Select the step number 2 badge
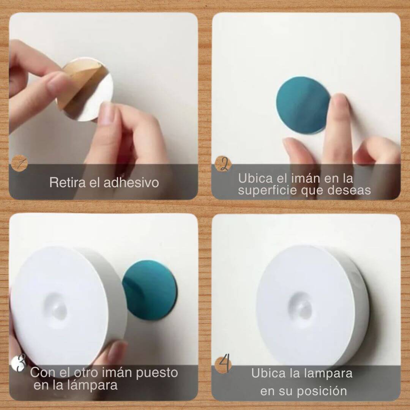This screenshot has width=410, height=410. (223, 164)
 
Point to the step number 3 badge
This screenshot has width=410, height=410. (19, 364)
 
